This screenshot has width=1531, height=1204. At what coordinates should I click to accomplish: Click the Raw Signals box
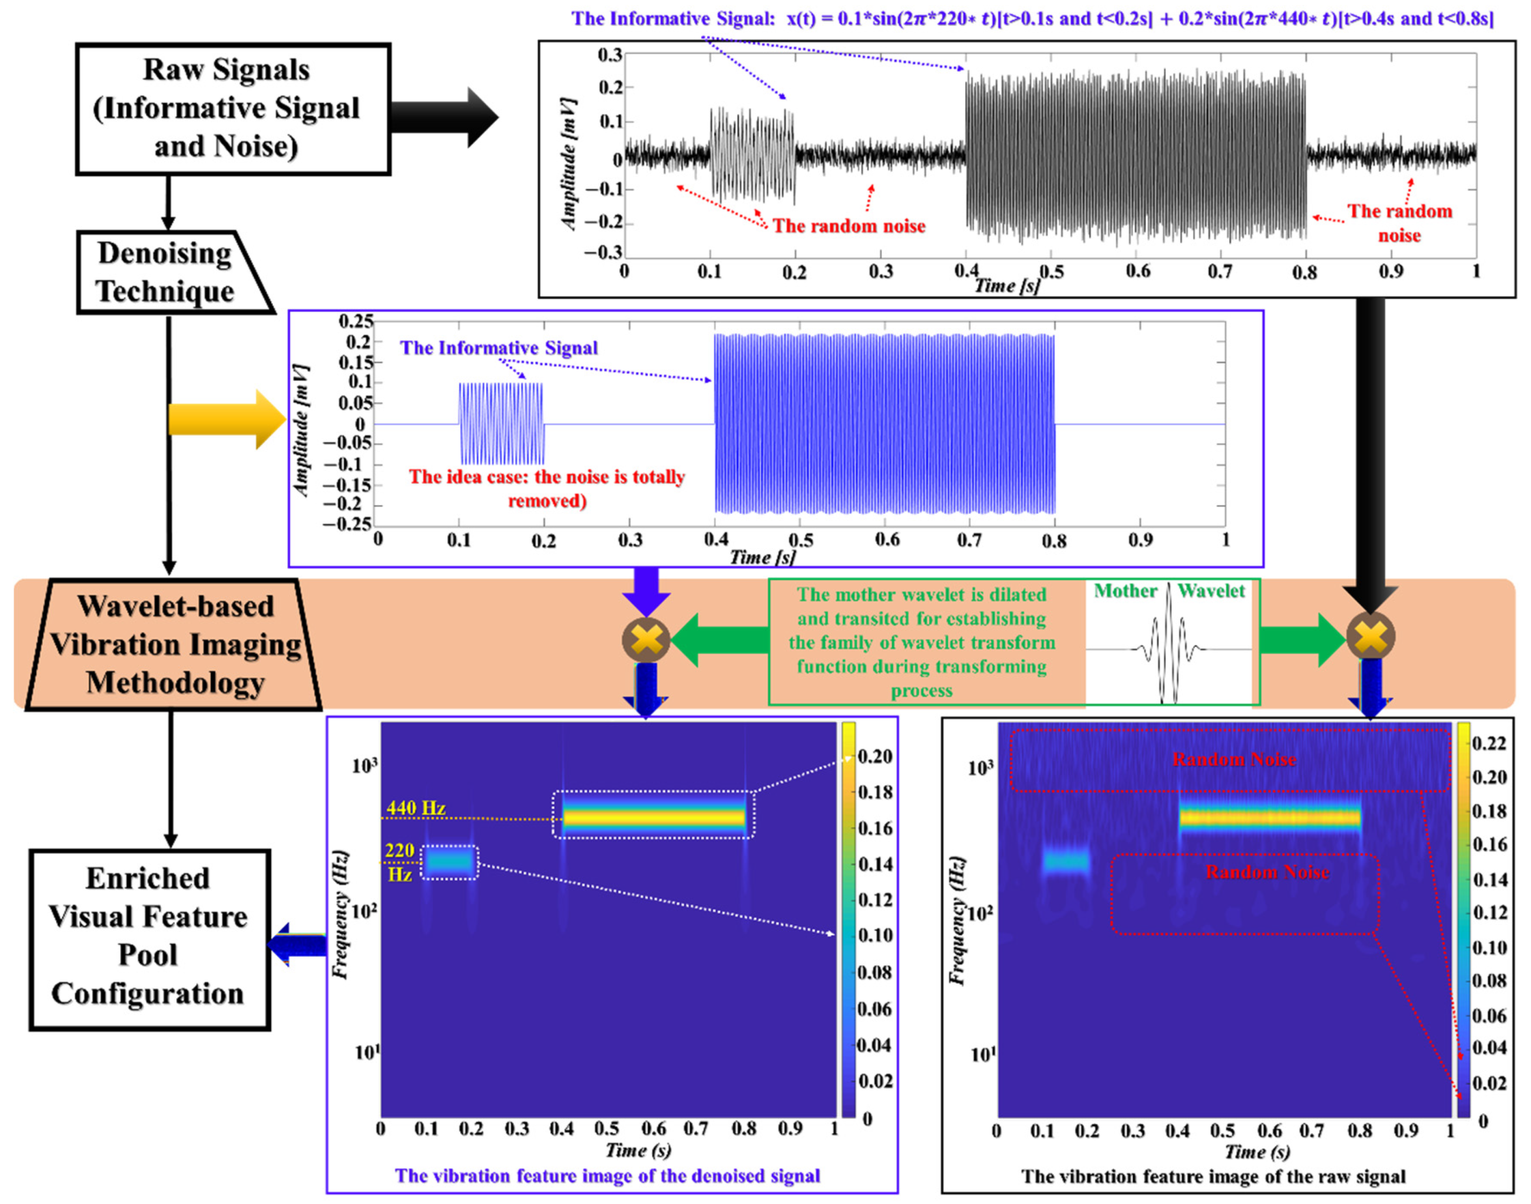pos(233,109)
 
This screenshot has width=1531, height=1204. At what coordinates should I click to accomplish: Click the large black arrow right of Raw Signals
pos(444,117)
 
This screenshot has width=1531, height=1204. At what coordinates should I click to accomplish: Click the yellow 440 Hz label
pos(416,808)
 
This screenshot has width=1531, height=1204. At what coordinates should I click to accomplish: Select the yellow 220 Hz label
pos(399,862)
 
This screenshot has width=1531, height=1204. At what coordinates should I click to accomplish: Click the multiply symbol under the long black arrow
pos(1370,636)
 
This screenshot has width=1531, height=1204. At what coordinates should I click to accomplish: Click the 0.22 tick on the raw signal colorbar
pos(1489,743)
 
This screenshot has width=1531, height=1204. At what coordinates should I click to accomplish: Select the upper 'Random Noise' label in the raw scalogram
pos(1234,759)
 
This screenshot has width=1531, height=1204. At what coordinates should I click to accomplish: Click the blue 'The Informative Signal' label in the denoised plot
pos(498,348)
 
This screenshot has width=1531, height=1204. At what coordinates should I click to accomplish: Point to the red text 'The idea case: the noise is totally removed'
pos(547,488)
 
